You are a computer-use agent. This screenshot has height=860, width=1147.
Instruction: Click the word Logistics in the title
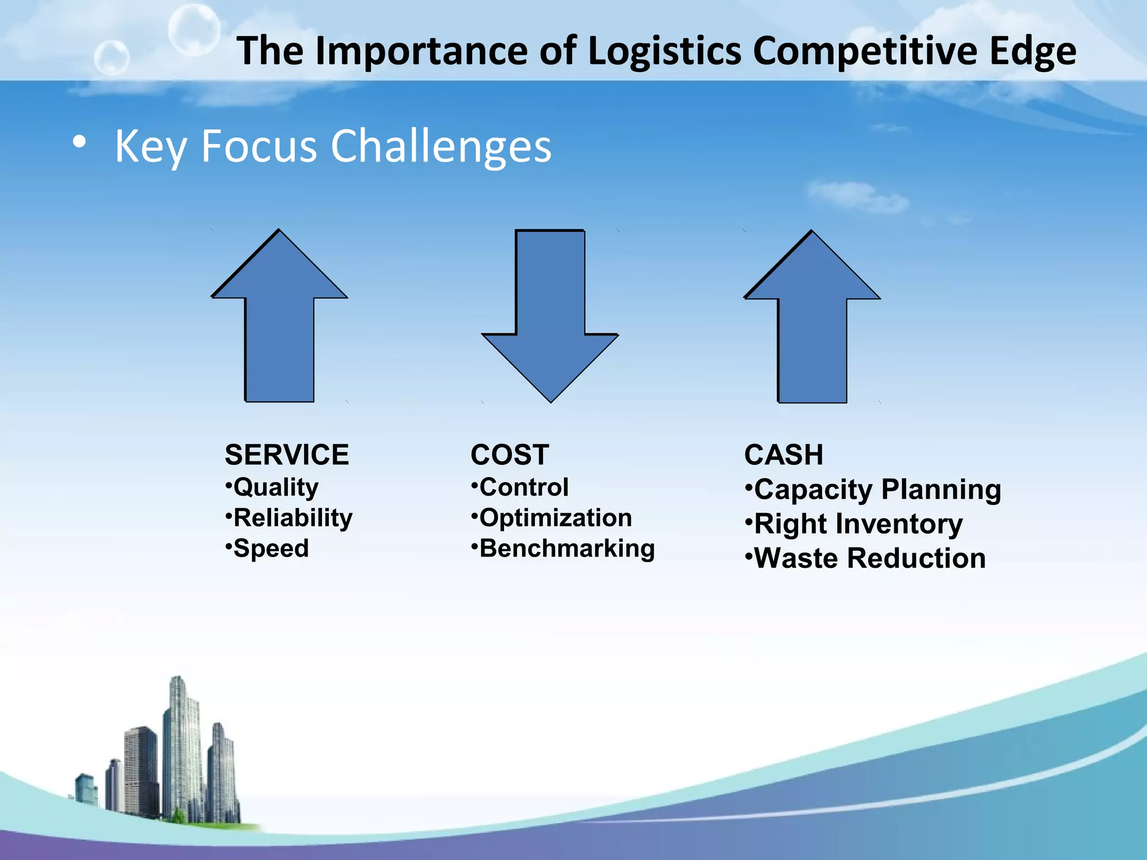click(x=665, y=52)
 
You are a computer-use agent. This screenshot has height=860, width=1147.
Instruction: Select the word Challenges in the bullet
click(x=441, y=147)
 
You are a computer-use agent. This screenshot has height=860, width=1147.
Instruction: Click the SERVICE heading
click(x=286, y=455)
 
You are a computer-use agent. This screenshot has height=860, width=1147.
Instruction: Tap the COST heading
click(x=510, y=455)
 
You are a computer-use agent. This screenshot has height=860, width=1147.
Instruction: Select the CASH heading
click(x=784, y=455)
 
